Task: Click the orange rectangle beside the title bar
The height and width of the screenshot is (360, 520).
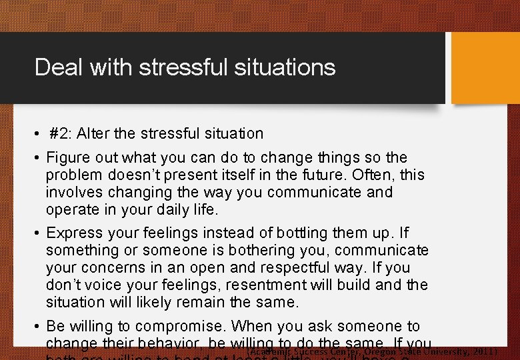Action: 485,68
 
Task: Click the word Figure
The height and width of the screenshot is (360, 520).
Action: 69,158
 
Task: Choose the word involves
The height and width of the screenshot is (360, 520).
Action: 75,193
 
